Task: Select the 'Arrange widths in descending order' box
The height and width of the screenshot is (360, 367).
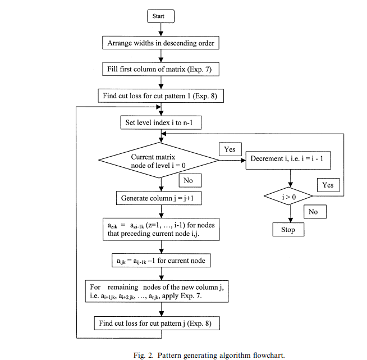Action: (161, 42)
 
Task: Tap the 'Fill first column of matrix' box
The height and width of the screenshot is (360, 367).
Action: (161, 69)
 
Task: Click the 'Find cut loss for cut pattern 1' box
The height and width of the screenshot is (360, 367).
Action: (161, 96)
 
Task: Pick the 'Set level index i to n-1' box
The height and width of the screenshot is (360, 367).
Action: (160, 122)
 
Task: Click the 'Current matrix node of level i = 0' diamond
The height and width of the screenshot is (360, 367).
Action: (159, 162)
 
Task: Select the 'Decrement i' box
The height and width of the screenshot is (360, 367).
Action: (291, 158)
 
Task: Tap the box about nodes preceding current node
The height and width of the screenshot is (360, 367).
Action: (161, 229)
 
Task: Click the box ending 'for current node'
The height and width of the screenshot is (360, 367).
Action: (161, 261)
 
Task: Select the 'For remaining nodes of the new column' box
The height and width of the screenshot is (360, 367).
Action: (161, 291)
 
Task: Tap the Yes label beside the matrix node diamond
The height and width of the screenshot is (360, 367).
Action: (230, 150)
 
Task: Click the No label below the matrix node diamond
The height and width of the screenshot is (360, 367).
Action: (188, 181)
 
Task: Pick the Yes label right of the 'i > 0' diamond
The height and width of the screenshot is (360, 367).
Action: (328, 184)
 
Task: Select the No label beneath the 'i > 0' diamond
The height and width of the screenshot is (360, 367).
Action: (314, 212)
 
